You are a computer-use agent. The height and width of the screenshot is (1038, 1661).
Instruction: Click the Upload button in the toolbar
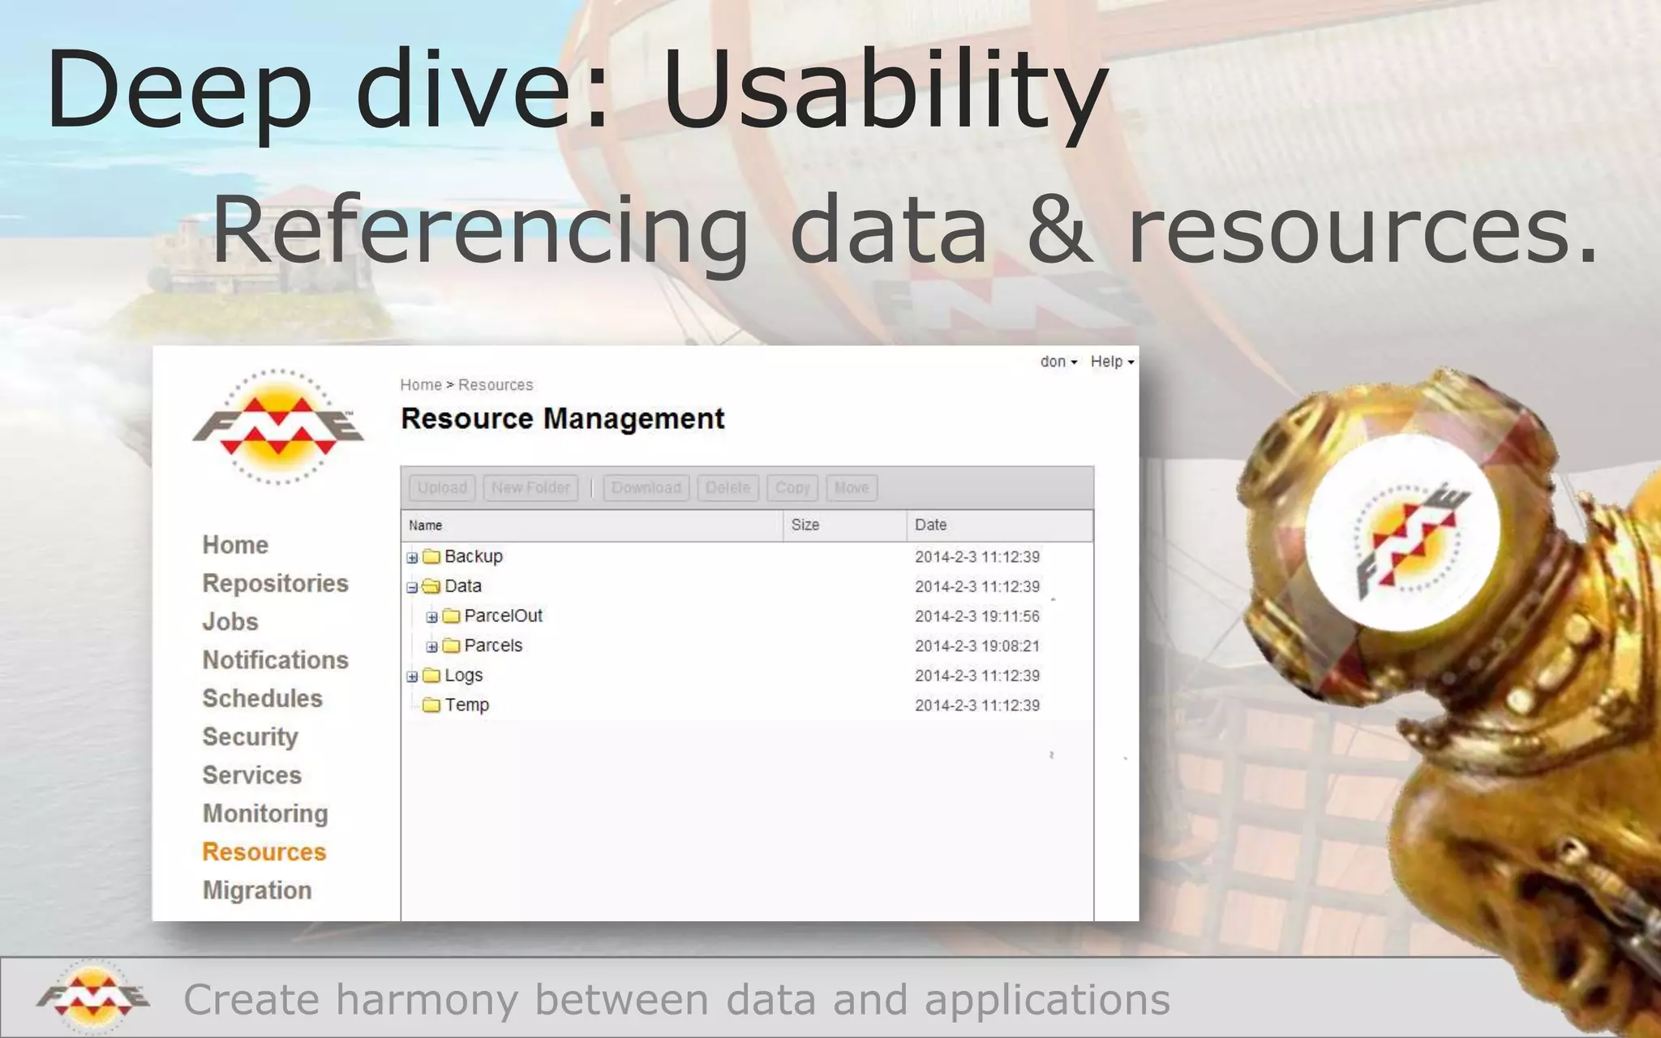pyautogui.click(x=442, y=487)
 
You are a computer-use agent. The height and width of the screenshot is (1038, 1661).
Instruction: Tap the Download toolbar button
pyautogui.click(x=646, y=487)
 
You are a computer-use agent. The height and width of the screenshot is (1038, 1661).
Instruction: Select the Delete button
pyautogui.click(x=727, y=487)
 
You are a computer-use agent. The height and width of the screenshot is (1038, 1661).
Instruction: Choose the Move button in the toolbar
pyautogui.click(x=852, y=487)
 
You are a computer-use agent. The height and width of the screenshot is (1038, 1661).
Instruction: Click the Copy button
pyautogui.click(x=792, y=487)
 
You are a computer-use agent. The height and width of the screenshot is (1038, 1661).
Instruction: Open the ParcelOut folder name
pyautogui.click(x=503, y=616)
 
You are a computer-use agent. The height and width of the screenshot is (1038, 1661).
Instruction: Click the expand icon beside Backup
pyautogui.click(x=412, y=557)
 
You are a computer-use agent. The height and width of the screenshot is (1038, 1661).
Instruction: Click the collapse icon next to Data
pyautogui.click(x=412, y=587)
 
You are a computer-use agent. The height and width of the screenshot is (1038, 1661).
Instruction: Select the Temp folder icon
pyautogui.click(x=431, y=705)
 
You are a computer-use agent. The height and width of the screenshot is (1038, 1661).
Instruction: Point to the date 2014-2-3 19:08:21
pyautogui.click(x=976, y=646)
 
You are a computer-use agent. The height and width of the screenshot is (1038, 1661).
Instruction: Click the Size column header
pyautogui.click(x=805, y=525)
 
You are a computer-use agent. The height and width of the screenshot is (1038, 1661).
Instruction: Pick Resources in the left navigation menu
pyautogui.click(x=264, y=851)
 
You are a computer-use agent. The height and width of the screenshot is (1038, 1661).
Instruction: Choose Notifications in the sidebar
pyautogui.click(x=276, y=660)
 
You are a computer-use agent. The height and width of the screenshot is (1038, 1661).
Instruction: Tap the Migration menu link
pyautogui.click(x=257, y=890)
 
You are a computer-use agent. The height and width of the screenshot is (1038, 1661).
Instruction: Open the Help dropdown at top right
pyautogui.click(x=1112, y=362)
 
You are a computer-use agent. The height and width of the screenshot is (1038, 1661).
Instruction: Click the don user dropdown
pyautogui.click(x=1058, y=362)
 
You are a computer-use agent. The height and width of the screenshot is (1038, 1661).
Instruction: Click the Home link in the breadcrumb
pyautogui.click(x=421, y=385)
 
